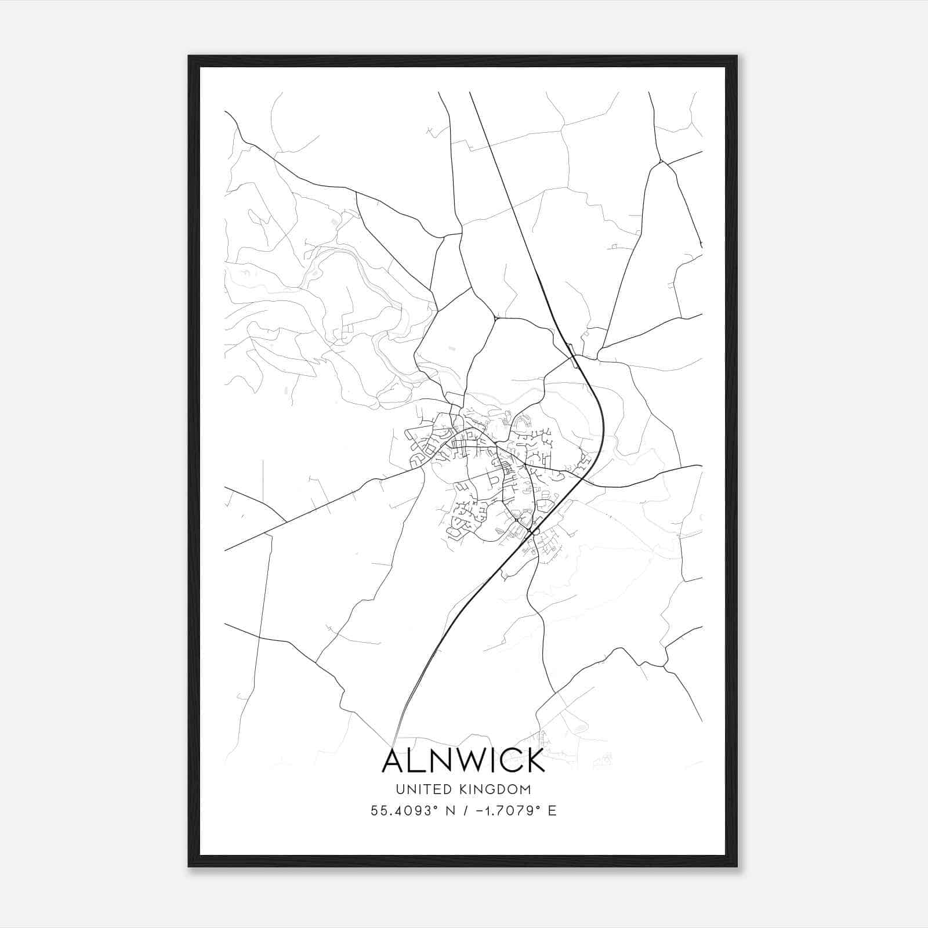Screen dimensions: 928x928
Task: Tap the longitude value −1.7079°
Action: click(503, 811)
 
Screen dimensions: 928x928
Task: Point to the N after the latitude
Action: click(448, 811)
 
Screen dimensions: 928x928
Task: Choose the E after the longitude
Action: click(552, 811)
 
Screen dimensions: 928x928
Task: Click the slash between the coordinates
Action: click(463, 811)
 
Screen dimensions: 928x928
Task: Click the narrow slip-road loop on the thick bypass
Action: click(572, 355)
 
